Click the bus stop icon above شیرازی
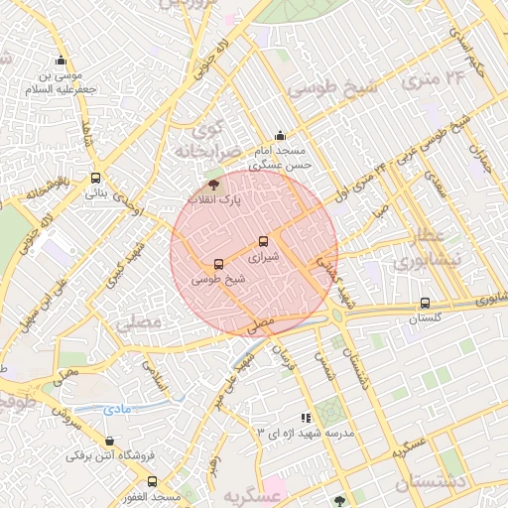(263, 241)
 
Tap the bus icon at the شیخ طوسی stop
(218, 264)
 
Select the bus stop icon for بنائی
(95, 179)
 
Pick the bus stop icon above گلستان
(425, 304)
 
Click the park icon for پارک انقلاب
(211, 185)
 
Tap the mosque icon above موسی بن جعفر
(62, 60)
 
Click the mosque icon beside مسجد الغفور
(151, 482)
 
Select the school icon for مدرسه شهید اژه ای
(306, 419)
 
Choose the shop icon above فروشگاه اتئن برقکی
(108, 442)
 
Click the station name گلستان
(425, 319)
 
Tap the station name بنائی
(95, 193)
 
